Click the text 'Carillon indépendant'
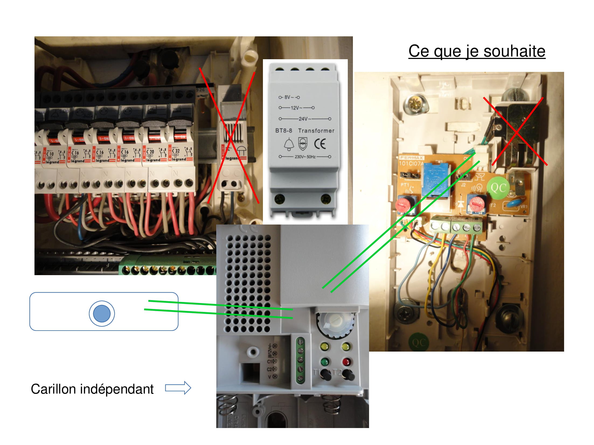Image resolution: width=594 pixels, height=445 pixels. pyautogui.click(x=92, y=389)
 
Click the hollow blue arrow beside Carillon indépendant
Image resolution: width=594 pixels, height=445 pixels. pyautogui.click(x=178, y=388)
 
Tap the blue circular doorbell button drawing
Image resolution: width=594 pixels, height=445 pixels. pyautogui.click(x=102, y=313)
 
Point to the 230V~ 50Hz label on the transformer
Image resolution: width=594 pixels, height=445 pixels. pyautogui.click(x=305, y=157)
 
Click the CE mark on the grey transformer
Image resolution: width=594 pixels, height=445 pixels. pyautogui.click(x=320, y=144)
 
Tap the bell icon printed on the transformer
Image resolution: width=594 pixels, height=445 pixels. pyautogui.click(x=289, y=144)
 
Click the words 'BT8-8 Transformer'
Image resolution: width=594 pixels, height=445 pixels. pyautogui.click(x=305, y=131)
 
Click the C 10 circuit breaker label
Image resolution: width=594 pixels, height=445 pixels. pyautogui.click(x=50, y=154)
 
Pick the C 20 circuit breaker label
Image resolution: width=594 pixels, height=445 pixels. pyautogui.click(x=150, y=152)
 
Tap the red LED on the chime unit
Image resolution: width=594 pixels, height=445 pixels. pyautogui.click(x=346, y=362)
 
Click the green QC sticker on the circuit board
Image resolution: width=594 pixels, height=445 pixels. pyautogui.click(x=498, y=187)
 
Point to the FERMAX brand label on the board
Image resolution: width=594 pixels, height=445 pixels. pyautogui.click(x=411, y=158)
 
